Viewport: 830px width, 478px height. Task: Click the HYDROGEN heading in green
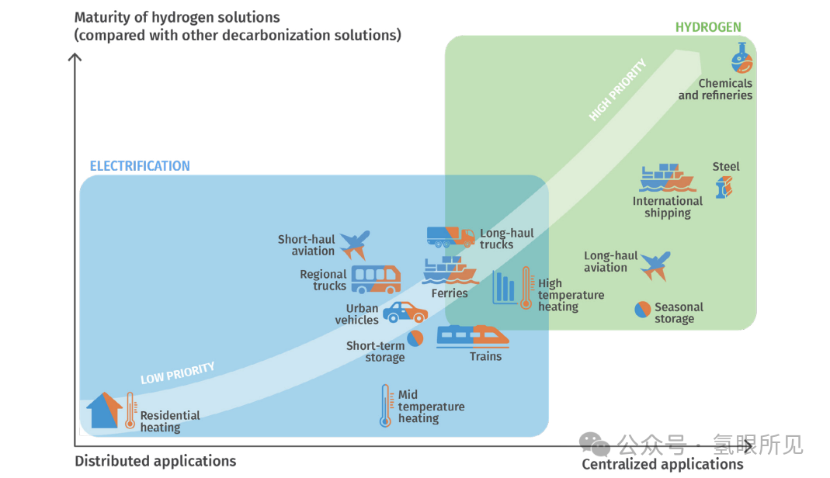click(x=707, y=27)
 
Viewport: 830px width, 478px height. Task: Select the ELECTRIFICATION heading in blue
click(x=140, y=166)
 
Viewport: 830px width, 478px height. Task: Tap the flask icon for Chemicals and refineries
click(x=741, y=59)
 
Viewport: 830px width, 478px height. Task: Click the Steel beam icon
click(x=724, y=186)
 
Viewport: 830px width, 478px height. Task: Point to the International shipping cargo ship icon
click(x=667, y=178)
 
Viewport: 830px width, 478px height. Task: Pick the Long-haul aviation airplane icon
click(x=656, y=265)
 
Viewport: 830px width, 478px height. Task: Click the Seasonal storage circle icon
click(x=643, y=309)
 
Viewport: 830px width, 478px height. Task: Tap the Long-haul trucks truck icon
click(x=450, y=237)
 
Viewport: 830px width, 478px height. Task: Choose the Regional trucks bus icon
click(x=376, y=279)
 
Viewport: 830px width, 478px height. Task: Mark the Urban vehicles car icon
click(x=405, y=313)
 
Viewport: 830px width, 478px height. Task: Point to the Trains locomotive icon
click(x=473, y=337)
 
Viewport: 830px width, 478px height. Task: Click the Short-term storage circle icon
click(x=415, y=339)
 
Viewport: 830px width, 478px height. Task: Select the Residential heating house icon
click(x=104, y=410)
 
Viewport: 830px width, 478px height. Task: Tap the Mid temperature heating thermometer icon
click(x=385, y=406)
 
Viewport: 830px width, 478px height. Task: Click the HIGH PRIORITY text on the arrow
click(x=617, y=91)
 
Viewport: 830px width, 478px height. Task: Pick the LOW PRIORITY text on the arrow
click(x=177, y=373)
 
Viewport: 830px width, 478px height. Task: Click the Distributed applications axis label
click(x=155, y=461)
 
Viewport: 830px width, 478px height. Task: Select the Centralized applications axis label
click(x=662, y=464)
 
